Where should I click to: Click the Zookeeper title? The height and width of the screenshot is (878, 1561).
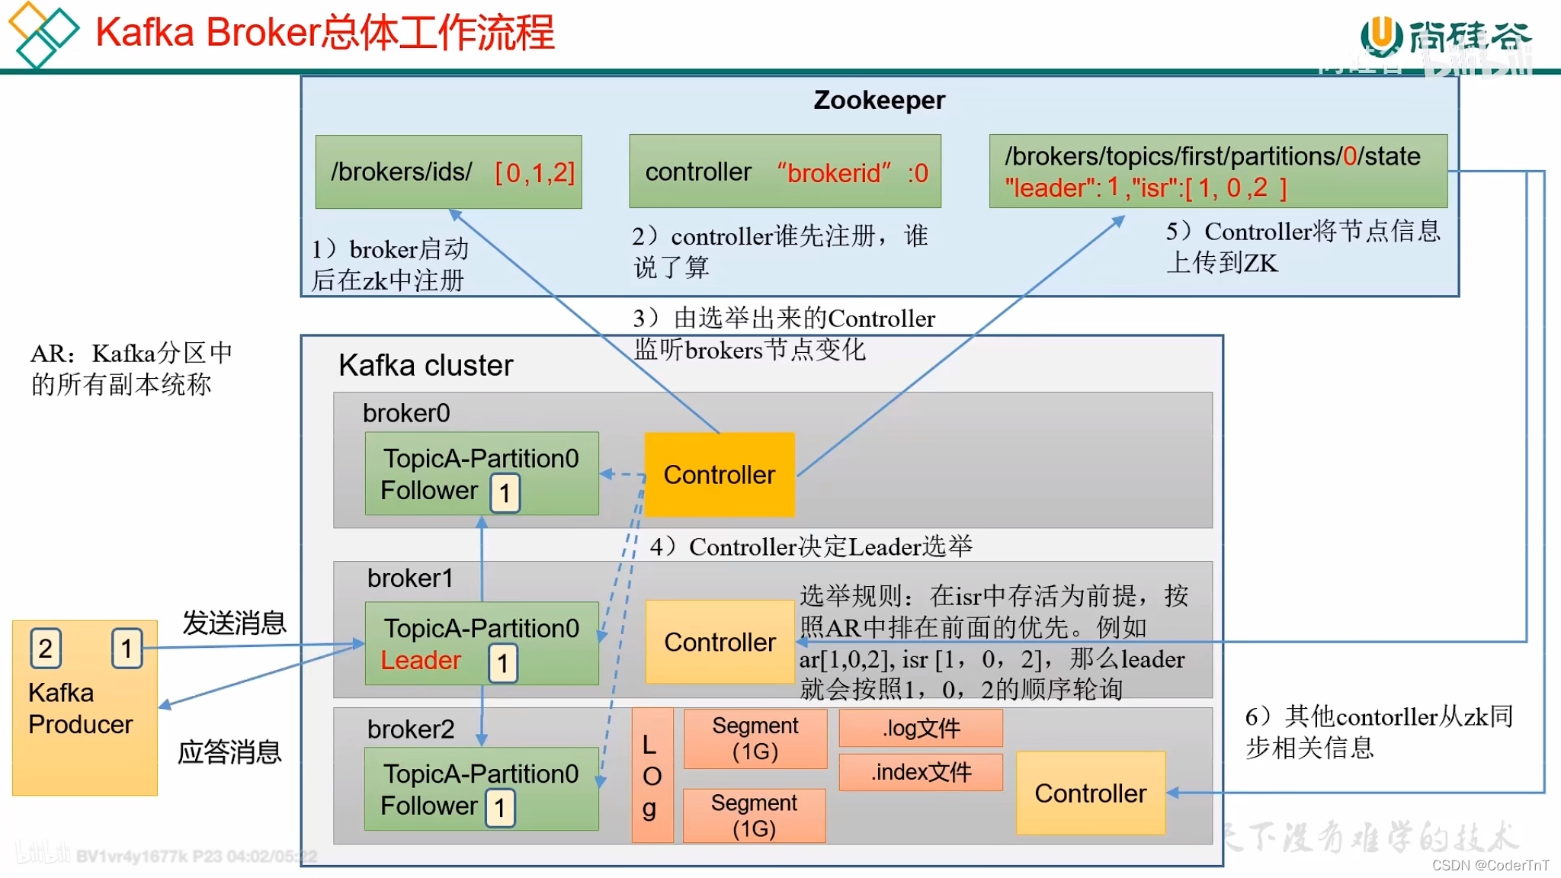point(879,101)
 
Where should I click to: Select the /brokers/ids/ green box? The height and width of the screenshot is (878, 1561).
point(449,172)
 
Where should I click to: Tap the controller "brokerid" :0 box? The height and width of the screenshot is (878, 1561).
point(785,172)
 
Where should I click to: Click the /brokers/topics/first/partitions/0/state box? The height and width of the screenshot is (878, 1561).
point(1217,171)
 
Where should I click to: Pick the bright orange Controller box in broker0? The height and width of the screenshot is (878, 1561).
point(720,475)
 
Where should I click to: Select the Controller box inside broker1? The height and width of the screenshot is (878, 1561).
point(720,642)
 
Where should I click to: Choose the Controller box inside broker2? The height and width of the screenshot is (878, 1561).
point(1090,793)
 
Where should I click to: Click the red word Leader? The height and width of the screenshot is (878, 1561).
point(421,660)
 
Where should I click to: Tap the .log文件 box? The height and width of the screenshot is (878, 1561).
point(921,728)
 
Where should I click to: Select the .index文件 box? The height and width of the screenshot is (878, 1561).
point(921,772)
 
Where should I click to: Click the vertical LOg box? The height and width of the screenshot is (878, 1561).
point(652,775)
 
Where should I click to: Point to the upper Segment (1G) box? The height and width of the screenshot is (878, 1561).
point(755,739)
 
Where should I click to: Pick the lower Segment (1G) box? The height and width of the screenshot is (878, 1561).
point(754,816)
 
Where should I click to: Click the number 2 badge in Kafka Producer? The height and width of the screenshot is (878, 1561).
point(46,649)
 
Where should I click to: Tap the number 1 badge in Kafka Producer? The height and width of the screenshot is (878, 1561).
point(127,649)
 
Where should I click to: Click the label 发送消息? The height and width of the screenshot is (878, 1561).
point(234,623)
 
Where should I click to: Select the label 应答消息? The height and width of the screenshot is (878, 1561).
point(229,752)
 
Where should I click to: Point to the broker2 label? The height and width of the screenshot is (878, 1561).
point(410,729)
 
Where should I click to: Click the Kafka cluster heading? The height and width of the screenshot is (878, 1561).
point(425,365)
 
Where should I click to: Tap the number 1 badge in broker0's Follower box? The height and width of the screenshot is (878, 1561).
point(505,493)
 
